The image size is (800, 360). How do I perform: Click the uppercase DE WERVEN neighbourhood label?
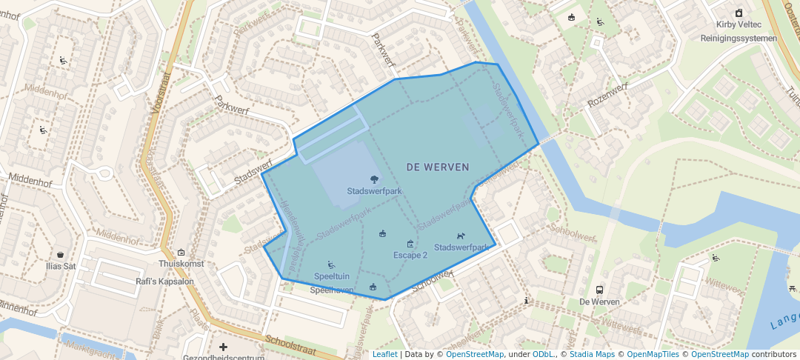[438, 167]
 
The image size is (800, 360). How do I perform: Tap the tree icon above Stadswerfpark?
[374, 179]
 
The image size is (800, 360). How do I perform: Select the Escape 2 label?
[410, 255]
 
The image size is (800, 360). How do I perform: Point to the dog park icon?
[461, 236]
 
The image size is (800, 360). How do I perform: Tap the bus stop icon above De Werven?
[599, 290]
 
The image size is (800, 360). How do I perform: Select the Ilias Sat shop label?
[60, 266]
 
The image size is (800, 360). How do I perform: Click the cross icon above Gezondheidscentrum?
[223, 347]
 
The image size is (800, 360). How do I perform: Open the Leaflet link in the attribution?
[384, 355]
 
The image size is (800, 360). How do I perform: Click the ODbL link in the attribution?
[542, 355]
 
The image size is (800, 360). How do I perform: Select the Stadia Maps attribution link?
[592, 355]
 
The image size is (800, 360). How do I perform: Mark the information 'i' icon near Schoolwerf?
[526, 301]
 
